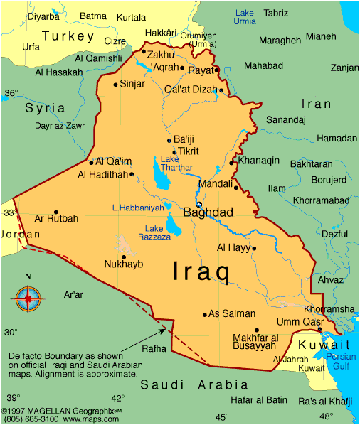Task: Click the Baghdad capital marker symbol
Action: point(199,205)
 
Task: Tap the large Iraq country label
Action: point(201,272)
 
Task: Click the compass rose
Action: point(28,299)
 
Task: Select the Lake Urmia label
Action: point(244,16)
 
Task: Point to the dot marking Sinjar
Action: point(115,85)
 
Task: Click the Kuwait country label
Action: point(320,344)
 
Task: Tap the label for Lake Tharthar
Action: point(176,163)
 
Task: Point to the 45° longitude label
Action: point(222,416)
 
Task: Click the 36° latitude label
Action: point(11,93)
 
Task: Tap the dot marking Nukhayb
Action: point(124,257)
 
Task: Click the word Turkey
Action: point(68,36)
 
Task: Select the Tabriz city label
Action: point(276,13)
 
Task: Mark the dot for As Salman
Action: point(205,314)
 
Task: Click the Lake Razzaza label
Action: point(158,232)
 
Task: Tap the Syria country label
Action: point(45,108)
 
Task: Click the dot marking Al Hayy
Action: point(254,248)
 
